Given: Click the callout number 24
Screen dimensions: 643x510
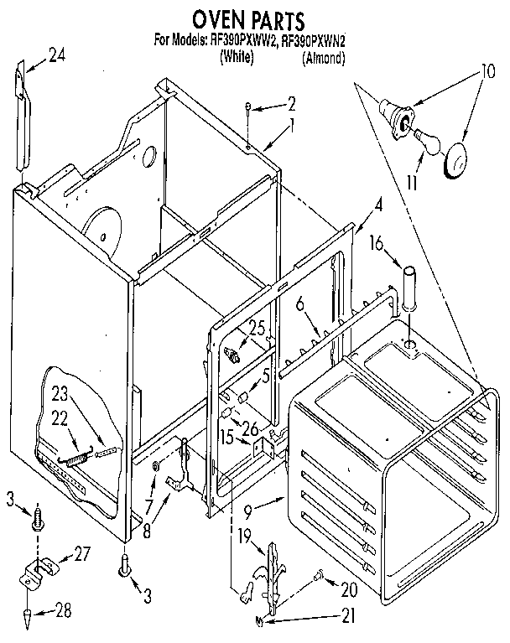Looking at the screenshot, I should click(x=56, y=55).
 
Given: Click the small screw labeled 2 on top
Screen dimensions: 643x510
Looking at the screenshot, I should click(x=249, y=106).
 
